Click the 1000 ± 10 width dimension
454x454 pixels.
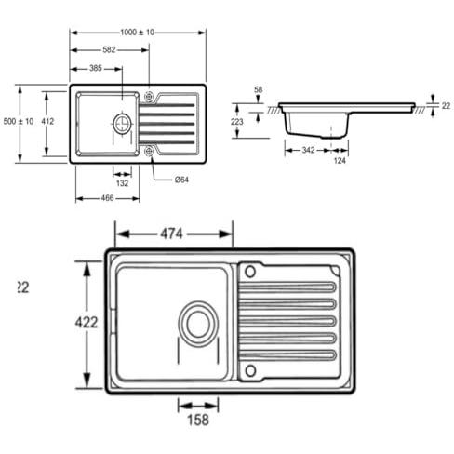pos(137,32)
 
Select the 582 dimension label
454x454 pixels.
pos(109,49)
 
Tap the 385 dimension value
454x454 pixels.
pos(96,68)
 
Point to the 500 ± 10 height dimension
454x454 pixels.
pos(19,121)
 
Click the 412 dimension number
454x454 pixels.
pos(47,121)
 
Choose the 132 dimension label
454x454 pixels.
pos(122,183)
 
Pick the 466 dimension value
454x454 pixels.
pos(107,198)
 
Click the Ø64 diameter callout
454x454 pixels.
pos(181,180)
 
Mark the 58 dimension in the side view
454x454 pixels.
pos(259,89)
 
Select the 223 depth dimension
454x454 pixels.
pos(237,122)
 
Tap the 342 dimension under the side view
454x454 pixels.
pos(308,150)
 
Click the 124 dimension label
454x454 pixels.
pos(340,161)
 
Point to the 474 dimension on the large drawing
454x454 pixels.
pos(171,234)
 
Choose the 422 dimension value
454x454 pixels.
pos(87,323)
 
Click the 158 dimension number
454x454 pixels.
pos(198,420)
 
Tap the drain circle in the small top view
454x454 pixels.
pos(123,124)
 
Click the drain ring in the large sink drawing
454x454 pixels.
pos(198,324)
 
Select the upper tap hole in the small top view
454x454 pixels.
pos(149,97)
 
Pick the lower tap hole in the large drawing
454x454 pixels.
pos(250,370)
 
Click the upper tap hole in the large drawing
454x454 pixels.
pos(250,272)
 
